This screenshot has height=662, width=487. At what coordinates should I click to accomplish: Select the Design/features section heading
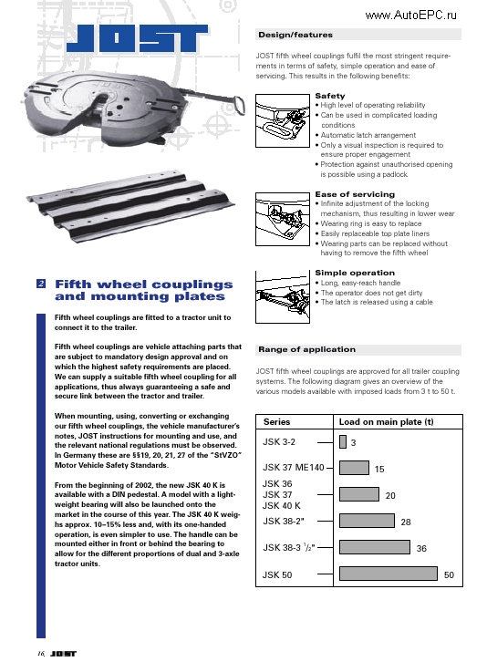295,35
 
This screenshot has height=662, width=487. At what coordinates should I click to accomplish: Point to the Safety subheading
330,96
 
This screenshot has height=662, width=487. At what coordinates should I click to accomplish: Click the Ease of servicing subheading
355,194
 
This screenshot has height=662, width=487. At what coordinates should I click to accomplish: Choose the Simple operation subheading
355,273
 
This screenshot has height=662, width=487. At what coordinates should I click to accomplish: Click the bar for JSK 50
388,574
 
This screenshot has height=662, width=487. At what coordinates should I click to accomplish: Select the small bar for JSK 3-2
342,442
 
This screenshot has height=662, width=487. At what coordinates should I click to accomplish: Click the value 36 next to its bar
421,549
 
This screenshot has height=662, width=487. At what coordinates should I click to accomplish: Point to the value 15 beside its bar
379,469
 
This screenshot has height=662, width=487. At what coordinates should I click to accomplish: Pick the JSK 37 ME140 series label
293,468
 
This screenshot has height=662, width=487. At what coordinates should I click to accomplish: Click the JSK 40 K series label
281,505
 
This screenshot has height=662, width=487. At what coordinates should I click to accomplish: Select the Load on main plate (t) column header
386,422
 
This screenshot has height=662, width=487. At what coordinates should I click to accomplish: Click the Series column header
277,422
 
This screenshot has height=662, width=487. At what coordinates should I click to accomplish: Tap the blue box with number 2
41,284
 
